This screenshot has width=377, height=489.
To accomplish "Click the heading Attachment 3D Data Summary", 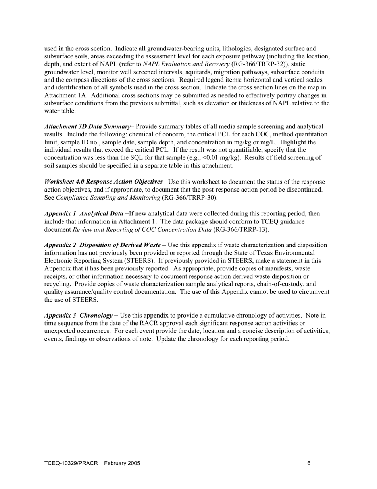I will [87, 126].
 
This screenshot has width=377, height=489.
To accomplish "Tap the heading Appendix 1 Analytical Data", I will [84, 214].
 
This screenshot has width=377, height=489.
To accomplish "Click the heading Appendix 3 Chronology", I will [79, 316].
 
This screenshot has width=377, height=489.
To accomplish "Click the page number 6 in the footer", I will [309, 463].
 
